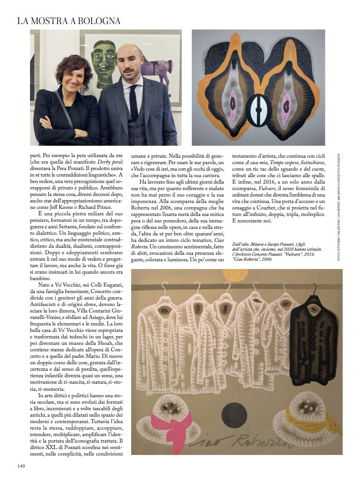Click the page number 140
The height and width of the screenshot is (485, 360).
[22, 467]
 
